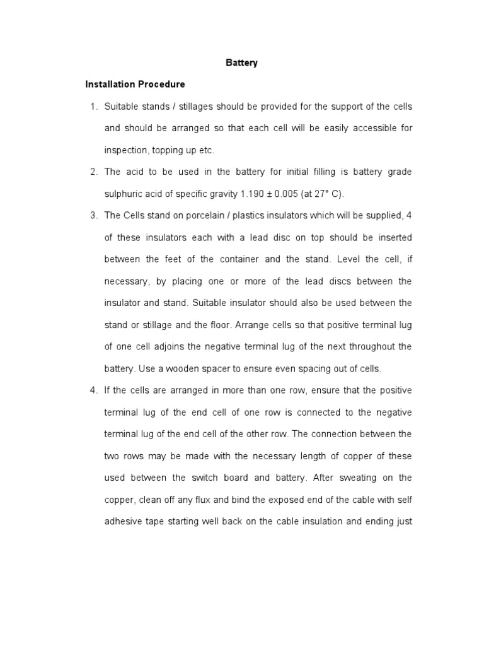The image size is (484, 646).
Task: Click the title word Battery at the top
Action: coord(242,63)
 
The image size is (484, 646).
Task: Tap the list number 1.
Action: coord(93,106)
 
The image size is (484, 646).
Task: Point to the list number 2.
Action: coord(93,172)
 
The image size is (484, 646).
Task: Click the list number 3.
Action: coord(93,216)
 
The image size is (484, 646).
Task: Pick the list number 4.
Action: coord(93,390)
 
